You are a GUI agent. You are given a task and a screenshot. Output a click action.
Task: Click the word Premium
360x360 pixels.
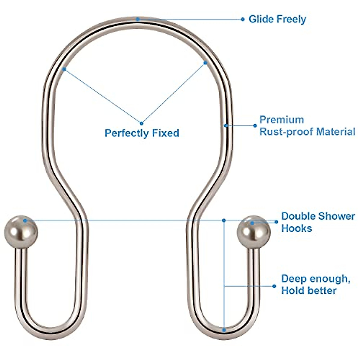[x=282, y=120]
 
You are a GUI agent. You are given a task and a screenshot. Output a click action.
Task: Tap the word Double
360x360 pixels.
[x=298, y=216]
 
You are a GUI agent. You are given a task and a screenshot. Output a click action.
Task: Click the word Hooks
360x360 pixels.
[x=296, y=228]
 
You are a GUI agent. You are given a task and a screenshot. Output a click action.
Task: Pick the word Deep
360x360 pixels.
[x=292, y=279]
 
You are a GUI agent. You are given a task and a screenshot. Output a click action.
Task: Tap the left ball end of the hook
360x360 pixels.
[x=21, y=232]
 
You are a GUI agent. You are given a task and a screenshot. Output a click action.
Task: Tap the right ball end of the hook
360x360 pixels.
[x=253, y=232]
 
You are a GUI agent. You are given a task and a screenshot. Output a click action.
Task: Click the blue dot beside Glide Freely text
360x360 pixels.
[x=243, y=19]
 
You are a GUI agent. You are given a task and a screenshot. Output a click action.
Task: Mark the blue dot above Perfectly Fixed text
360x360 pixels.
[x=142, y=123]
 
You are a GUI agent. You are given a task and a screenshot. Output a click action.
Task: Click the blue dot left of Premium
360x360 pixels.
[x=255, y=126]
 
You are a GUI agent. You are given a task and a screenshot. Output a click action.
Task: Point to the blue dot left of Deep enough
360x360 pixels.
[x=274, y=286]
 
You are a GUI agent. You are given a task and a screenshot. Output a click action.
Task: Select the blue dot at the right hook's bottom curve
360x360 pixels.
[x=224, y=330]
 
